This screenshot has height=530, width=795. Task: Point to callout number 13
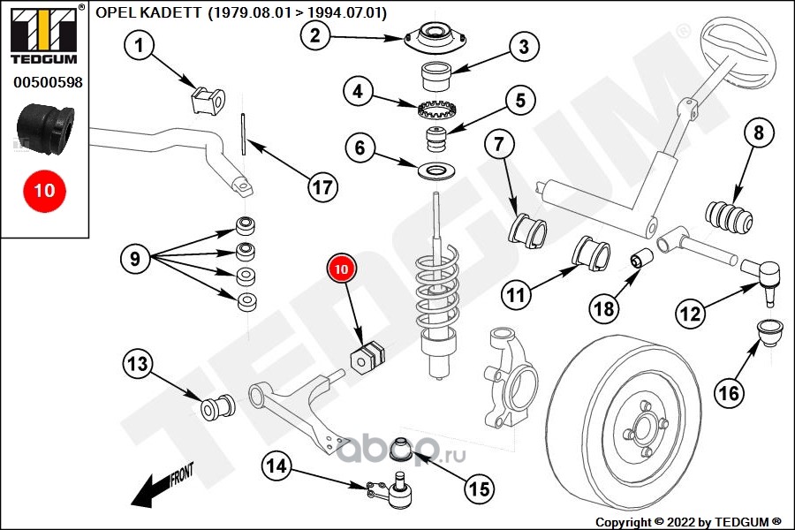coord(139,363)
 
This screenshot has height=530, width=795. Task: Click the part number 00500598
coord(47,82)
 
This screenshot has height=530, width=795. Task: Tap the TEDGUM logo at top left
coord(43,35)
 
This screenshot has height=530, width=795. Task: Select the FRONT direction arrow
coord(159,485)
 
